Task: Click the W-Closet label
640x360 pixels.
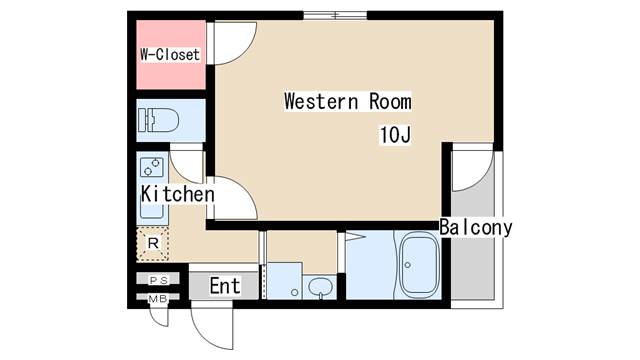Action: pos(170,54)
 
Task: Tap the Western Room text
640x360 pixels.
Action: pos(348,101)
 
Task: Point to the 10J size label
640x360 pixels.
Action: pos(395,135)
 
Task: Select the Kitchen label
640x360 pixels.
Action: pos(178,194)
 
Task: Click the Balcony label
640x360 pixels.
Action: pos(476,227)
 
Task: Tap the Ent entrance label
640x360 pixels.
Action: pos(225,286)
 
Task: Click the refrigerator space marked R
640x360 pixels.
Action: pos(153,244)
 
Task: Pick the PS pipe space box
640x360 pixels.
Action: pos(158,280)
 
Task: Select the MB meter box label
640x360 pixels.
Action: pos(158,299)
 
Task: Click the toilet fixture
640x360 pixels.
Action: pos(158,120)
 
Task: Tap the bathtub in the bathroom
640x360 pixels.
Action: pos(419,264)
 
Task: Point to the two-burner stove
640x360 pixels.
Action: pos(151,167)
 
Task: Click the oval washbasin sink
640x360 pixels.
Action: pos(320,287)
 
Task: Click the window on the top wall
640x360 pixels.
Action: pos(335,16)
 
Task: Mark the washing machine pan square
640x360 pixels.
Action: pos(284,281)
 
